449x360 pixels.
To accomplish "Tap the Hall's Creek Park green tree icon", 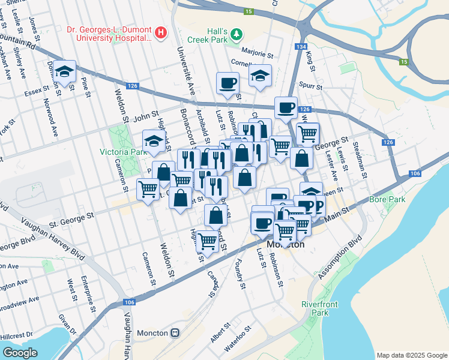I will tap(237, 34).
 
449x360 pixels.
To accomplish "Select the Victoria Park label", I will tap(123, 152).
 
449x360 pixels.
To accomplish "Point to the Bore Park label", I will tap(387, 199).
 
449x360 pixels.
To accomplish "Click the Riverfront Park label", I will tap(315, 308).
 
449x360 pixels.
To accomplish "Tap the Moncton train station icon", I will tap(175, 332).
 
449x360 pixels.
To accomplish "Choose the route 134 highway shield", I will tap(301, 47).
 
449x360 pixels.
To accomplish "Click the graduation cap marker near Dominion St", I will tap(64, 71).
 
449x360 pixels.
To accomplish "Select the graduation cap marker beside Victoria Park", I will tap(154, 141).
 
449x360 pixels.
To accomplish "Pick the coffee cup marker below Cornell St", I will tap(228, 83).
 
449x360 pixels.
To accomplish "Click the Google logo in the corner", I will tap(20, 353).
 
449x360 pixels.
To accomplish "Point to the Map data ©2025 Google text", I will tap(411, 355).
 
